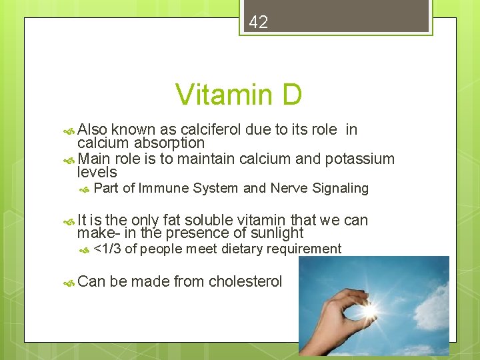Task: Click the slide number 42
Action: [x=258, y=22]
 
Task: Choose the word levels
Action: [x=97, y=172]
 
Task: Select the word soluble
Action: [x=213, y=219]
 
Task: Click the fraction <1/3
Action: [x=107, y=249]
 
